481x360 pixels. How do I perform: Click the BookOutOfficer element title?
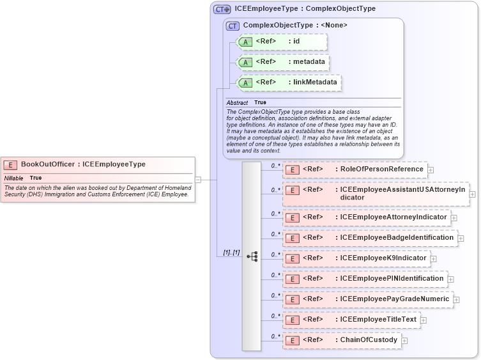(x=83, y=164)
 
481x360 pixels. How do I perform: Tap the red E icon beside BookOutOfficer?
(x=11, y=164)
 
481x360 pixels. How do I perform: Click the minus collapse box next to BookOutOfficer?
(x=197, y=180)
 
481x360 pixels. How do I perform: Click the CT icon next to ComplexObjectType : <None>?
(x=233, y=25)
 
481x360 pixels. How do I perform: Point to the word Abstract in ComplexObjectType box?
(x=237, y=103)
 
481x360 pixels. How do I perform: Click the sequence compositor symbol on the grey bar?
(x=252, y=256)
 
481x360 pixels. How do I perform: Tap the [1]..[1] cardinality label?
(x=231, y=253)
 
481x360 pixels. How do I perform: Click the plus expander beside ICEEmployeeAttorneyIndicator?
(x=454, y=218)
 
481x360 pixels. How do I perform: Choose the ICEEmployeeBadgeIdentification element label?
(x=397, y=237)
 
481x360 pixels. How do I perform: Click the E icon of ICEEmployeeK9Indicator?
(x=292, y=258)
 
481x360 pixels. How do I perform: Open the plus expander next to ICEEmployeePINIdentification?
(x=451, y=279)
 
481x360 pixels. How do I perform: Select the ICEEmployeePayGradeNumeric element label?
(x=394, y=299)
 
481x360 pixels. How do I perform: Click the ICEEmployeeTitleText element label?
(x=378, y=319)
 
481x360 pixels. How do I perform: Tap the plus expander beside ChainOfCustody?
(x=404, y=340)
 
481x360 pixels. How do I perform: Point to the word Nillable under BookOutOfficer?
(x=14, y=178)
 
